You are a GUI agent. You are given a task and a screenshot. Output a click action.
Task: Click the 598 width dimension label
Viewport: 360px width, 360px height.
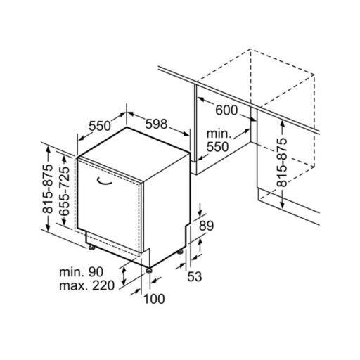coord(156,124)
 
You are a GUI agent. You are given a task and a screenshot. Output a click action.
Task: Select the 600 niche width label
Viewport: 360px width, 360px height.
coord(226,110)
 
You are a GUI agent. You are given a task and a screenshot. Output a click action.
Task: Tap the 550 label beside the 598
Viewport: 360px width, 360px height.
coord(100,126)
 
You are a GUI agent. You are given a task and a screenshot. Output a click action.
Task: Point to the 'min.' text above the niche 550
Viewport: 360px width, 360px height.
coord(219,134)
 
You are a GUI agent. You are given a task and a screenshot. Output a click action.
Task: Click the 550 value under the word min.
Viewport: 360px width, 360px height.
coord(217,147)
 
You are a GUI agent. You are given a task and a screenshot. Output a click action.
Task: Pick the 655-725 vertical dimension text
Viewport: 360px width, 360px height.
coord(65,191)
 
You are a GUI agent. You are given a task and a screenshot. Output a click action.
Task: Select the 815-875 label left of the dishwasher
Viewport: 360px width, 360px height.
coord(47,188)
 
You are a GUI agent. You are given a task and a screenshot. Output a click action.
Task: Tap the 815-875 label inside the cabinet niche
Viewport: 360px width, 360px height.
coord(282,162)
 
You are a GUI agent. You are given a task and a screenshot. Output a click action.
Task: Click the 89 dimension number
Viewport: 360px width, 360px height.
coord(206,226)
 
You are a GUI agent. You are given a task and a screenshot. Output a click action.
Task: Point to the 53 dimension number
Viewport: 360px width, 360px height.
coord(195,276)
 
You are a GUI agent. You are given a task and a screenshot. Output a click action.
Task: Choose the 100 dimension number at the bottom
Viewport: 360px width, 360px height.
coord(154,299)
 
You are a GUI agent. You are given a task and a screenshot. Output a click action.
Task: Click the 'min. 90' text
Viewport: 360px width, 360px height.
coord(81,272)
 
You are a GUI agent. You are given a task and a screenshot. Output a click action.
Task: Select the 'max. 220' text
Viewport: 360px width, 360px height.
coord(86,285)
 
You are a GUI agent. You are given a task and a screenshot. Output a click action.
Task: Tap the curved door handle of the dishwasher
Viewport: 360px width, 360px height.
coord(104,184)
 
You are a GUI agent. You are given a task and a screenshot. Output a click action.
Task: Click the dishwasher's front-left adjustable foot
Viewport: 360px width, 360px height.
coord(91,247)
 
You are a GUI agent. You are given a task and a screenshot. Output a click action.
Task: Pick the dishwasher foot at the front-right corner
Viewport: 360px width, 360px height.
coord(148,270)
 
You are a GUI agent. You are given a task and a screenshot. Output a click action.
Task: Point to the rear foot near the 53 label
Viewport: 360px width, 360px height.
coord(180,252)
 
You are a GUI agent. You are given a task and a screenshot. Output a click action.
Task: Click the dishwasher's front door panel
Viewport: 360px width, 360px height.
coord(109,205)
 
